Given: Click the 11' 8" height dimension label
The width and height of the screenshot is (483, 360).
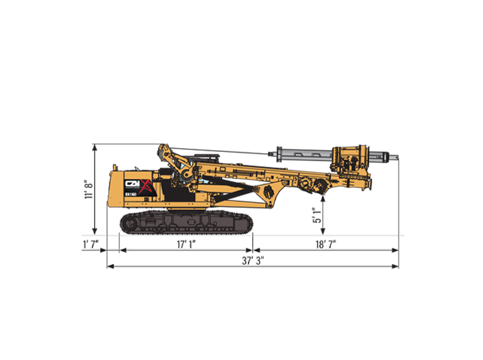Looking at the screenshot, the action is click(89, 189).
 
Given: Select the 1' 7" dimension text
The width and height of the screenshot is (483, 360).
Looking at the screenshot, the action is click(91, 245).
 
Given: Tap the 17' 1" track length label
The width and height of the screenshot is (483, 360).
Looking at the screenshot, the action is click(186, 245).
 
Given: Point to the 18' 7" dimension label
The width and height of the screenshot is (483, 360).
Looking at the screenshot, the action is click(326, 245).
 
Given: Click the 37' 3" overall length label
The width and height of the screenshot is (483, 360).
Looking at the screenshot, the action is click(253, 261).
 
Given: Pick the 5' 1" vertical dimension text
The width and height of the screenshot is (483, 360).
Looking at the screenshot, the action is click(317, 215).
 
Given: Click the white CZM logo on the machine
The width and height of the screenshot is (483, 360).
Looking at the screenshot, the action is click(132, 184).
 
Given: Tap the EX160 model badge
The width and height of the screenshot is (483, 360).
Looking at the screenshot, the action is click(131, 194).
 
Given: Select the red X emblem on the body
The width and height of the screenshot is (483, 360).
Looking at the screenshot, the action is click(146, 187).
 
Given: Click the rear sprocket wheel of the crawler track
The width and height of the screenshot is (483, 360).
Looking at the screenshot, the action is click(128, 222).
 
